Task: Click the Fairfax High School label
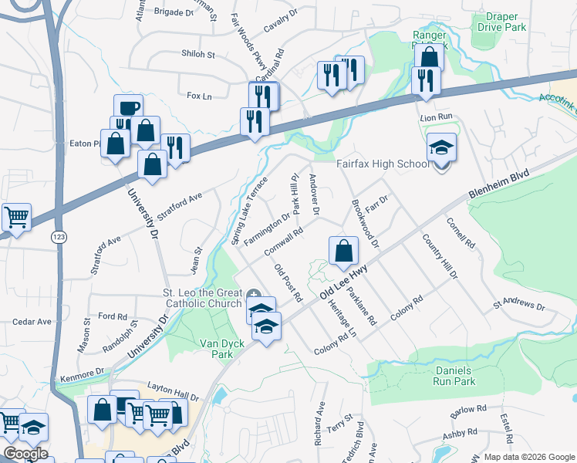[x=383, y=164]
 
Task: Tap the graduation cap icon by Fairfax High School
[x=441, y=148]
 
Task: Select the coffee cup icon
[x=128, y=107]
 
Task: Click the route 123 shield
[x=58, y=235]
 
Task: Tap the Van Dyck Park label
[x=228, y=349]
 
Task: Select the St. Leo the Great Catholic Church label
[x=203, y=299]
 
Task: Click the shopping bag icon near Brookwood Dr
[x=343, y=250]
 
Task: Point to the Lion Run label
[x=435, y=117]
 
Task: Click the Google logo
[x=25, y=453]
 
